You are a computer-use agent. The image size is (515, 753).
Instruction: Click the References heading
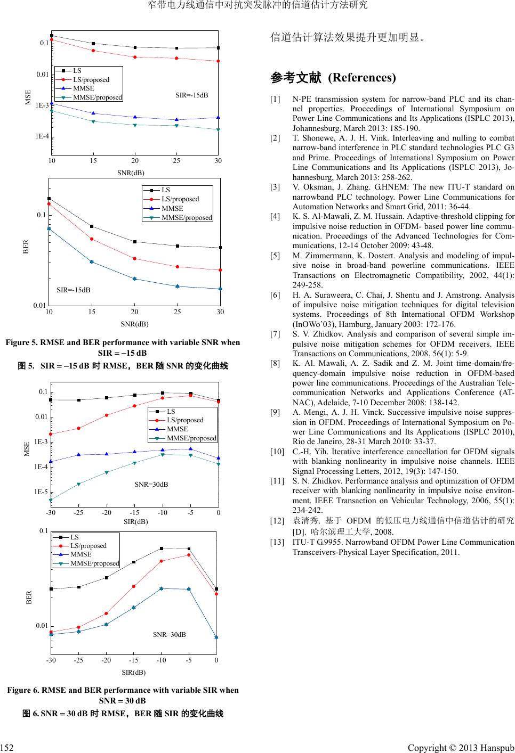(333, 78)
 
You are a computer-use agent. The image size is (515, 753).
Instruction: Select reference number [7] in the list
(275, 334)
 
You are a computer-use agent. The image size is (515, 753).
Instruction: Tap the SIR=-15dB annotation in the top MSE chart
(191, 95)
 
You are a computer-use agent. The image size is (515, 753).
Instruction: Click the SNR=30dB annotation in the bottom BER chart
(169, 634)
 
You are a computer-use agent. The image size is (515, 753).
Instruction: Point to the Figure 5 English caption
(123, 347)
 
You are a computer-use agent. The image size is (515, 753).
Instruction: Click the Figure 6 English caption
(123, 695)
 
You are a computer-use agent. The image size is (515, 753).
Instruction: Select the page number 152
(6, 748)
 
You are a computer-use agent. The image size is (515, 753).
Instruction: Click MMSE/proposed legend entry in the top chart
(97, 97)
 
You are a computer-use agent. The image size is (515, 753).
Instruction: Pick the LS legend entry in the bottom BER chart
(75, 537)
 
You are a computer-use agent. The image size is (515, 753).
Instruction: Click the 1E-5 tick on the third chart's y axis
(39, 492)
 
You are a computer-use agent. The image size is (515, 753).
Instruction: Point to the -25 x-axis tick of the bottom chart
(78, 660)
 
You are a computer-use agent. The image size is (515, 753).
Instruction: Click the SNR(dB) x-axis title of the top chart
(131, 173)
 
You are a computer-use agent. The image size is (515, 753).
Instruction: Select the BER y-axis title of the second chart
(26, 247)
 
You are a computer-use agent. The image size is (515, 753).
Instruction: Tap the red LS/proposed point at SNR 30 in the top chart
(219, 61)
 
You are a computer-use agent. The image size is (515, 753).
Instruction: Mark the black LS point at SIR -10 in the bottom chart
(161, 549)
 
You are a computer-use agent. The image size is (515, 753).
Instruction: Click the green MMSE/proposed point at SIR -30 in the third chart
(51, 500)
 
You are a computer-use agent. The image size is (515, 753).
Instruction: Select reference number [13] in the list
(277, 542)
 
